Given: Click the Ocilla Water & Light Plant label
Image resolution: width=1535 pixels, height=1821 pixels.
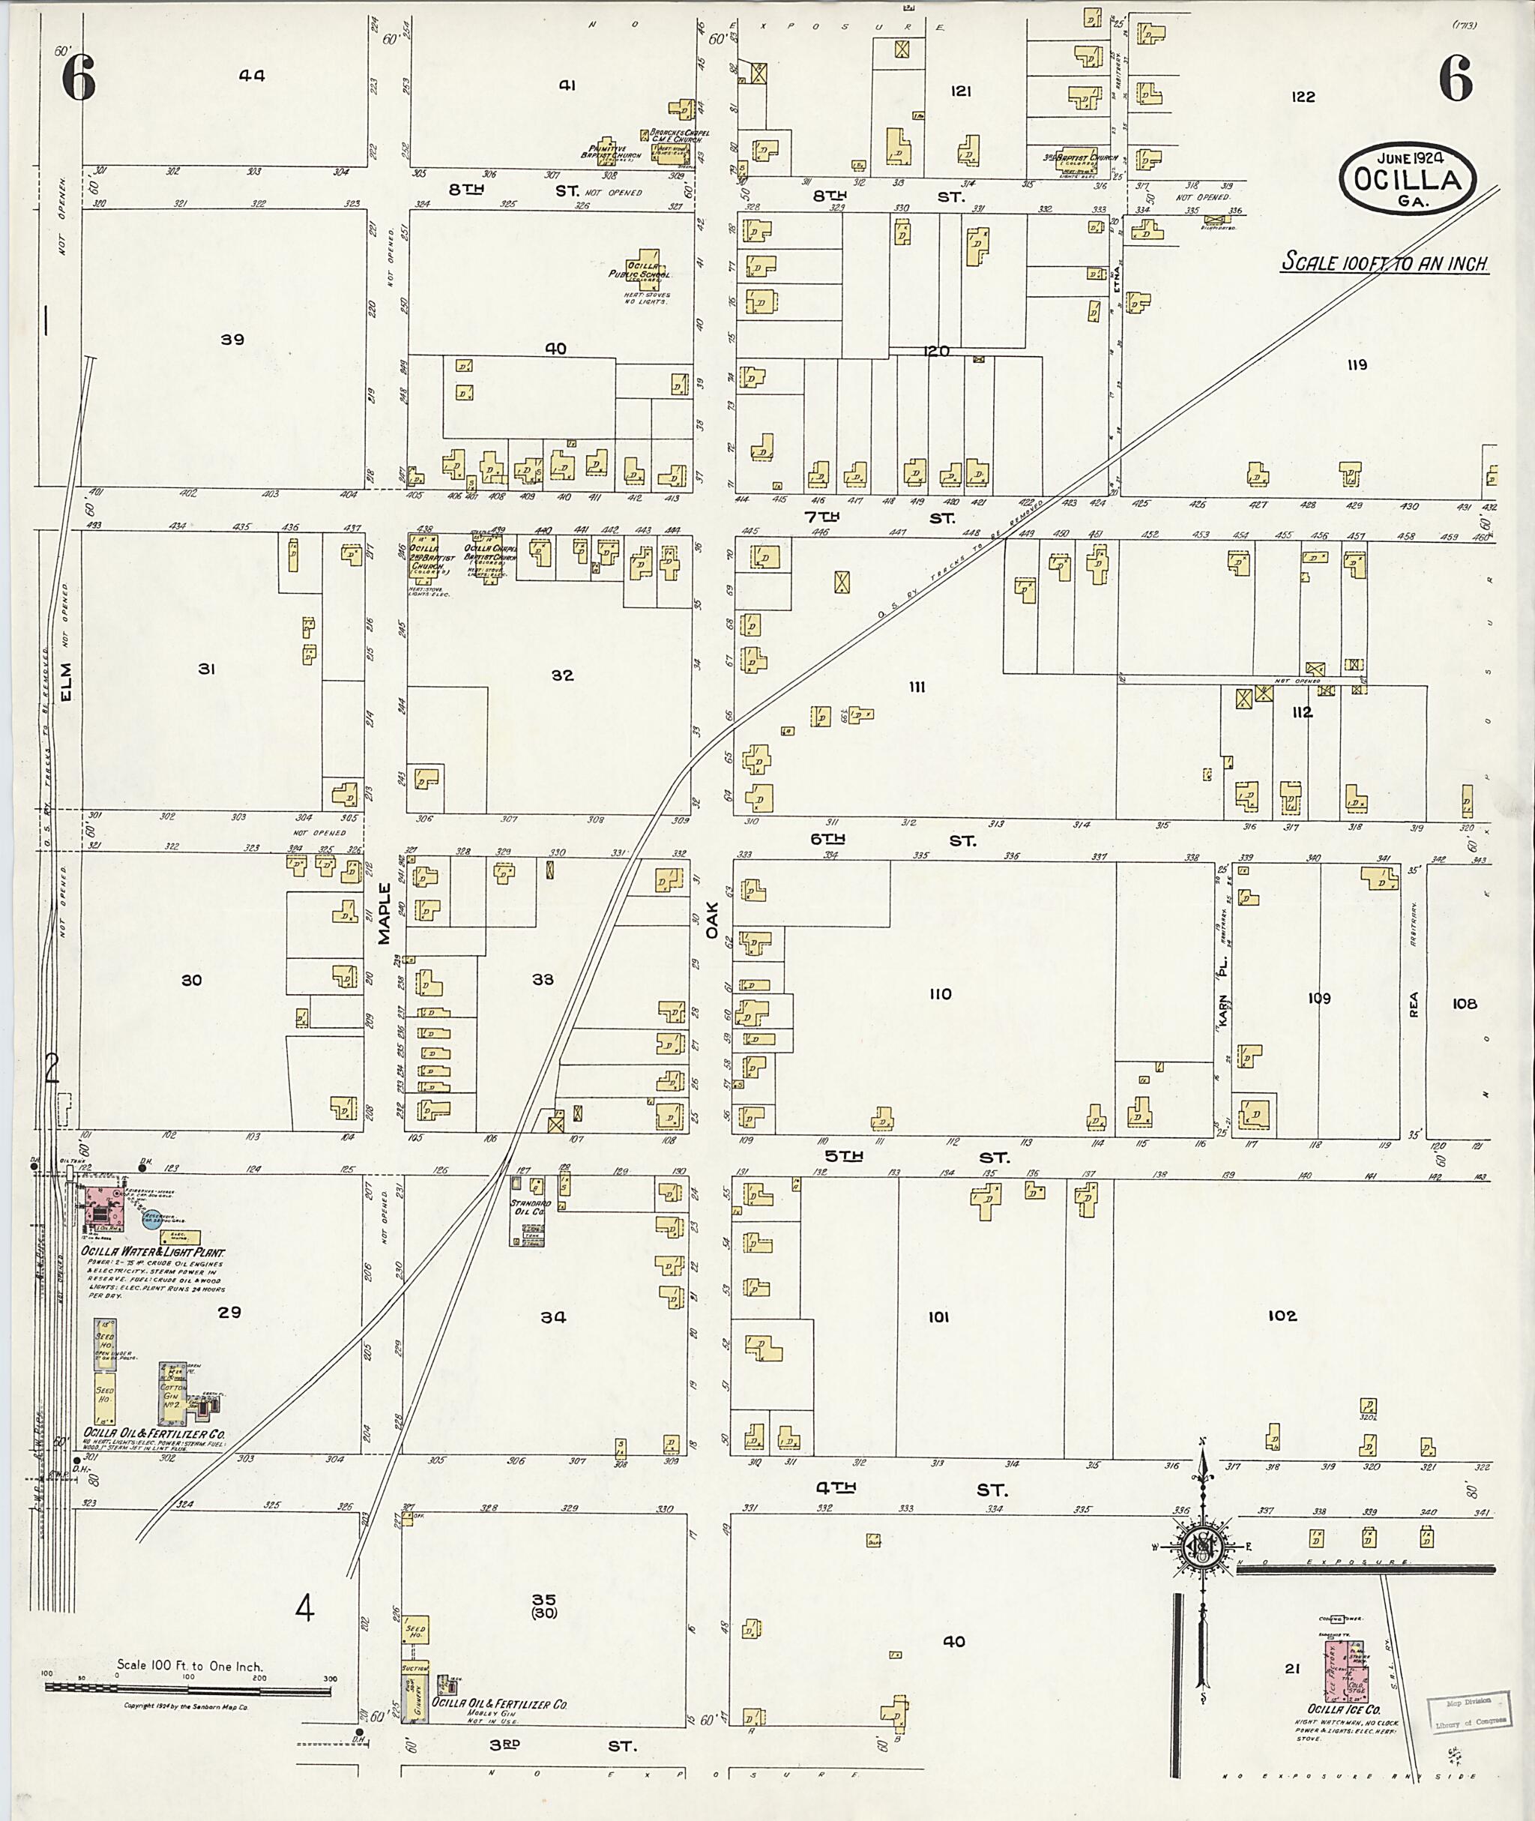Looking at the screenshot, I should pos(153,1252).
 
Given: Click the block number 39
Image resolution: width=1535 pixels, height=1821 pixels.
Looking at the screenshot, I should pos(232,340).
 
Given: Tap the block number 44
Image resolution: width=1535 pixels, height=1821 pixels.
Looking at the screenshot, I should pos(252,76).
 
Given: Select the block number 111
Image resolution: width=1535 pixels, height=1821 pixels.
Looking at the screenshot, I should pos(917,687).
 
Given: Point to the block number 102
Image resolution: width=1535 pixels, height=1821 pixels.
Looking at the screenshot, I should pos(1282,1315).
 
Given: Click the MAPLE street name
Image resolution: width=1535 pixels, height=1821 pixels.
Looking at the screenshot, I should pos(384,913).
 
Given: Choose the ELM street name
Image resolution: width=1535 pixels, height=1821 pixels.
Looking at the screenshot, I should pos(67,679).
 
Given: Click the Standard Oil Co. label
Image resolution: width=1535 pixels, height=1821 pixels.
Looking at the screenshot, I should pos(526,1206).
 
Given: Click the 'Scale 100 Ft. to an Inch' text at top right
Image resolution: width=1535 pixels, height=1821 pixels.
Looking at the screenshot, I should pos(1384,262).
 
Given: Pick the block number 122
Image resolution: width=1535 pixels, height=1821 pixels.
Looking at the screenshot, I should pos(1303,97).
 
